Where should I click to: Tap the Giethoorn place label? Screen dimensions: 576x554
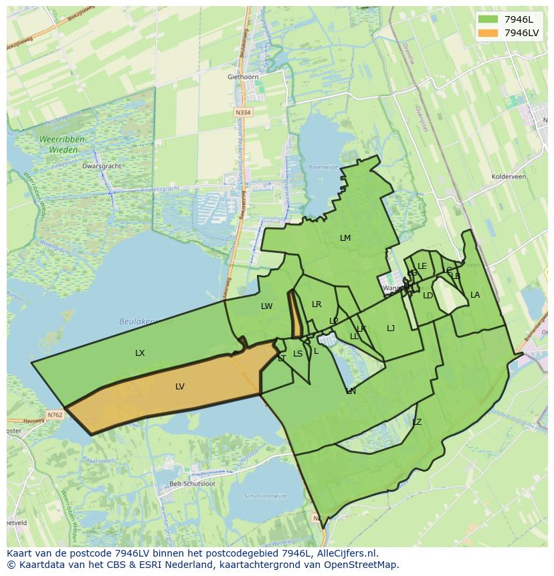point(243,77)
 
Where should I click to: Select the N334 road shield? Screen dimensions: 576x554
point(244,112)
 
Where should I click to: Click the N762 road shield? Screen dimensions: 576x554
point(55,415)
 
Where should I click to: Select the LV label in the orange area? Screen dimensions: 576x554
point(179,387)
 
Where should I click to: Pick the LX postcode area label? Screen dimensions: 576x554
point(140,353)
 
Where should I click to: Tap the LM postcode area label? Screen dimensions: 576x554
point(345,238)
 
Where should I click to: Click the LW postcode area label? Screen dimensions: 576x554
point(267,306)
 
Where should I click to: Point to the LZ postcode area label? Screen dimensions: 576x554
point(417,422)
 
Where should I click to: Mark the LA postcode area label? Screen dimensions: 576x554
point(475,295)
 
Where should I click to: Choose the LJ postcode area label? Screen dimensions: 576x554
point(391,328)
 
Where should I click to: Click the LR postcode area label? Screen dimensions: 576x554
point(316,304)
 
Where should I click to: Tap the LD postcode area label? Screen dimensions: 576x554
point(428,296)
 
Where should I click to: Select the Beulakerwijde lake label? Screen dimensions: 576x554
point(145,322)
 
